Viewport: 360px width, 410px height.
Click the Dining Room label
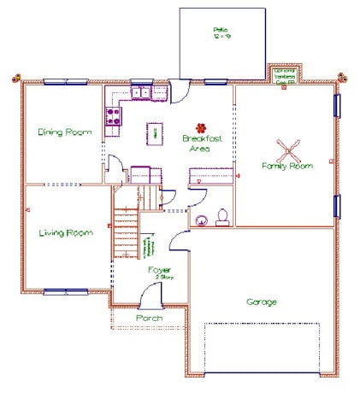pyautogui.click(x=64, y=132)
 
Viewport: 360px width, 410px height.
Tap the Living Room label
pyautogui.click(x=65, y=232)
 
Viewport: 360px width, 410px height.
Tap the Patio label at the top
pyautogui.click(x=221, y=33)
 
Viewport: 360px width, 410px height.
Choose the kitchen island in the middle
pyautogui.click(x=156, y=132)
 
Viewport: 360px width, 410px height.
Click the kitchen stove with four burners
pyautogui.click(x=111, y=116)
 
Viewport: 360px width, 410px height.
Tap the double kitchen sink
pyautogui.click(x=139, y=91)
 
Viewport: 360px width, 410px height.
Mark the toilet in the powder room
pyautogui.click(x=222, y=216)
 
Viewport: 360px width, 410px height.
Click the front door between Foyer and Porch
pyautogui.click(x=150, y=297)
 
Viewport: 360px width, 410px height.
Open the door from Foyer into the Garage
pyautogui.click(x=179, y=240)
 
